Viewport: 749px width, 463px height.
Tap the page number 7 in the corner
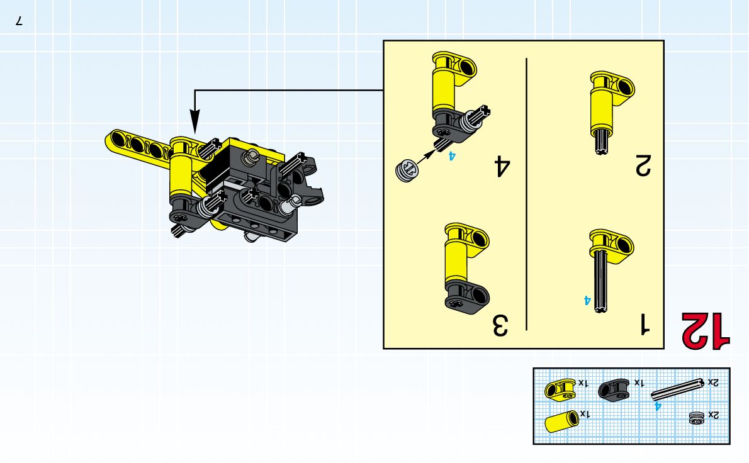(x=19, y=21)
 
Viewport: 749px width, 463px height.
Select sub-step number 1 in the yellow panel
(x=645, y=324)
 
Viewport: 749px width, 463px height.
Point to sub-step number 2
(x=643, y=165)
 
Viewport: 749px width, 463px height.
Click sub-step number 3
(x=500, y=325)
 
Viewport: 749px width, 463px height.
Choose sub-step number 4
(x=502, y=165)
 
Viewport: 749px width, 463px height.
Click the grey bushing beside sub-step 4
(x=407, y=170)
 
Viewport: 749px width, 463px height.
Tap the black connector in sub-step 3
(x=466, y=296)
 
